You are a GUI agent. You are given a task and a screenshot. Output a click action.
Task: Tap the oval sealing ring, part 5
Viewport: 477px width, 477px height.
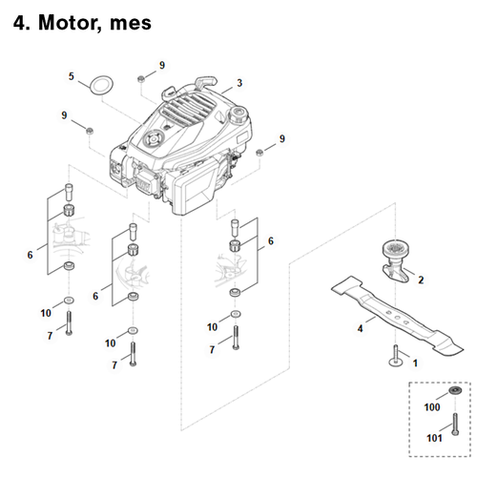coord(100,85)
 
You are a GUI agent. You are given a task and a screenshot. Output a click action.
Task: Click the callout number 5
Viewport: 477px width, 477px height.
coord(71,75)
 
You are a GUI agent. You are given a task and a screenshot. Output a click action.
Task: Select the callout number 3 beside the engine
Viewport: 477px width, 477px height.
coord(238,82)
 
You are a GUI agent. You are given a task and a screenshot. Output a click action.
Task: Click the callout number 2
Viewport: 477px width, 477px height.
coord(422,279)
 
